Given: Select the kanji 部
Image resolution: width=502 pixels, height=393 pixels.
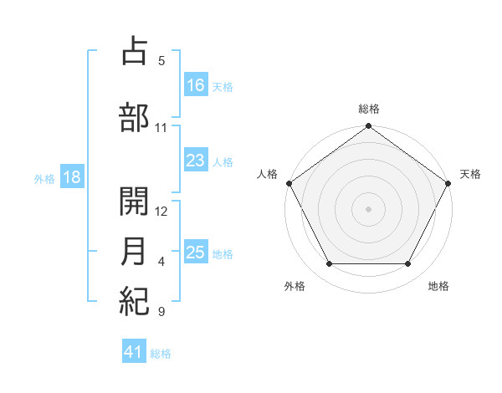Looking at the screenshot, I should (134, 117).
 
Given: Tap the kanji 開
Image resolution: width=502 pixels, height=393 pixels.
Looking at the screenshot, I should (134, 202).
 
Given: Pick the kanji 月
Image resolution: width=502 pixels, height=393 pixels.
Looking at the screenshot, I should (134, 253).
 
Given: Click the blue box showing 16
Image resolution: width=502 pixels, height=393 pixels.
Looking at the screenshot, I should (196, 85).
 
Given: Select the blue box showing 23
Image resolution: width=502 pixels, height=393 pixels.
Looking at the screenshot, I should (196, 161).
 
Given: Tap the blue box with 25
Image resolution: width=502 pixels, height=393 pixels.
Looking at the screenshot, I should (196, 253).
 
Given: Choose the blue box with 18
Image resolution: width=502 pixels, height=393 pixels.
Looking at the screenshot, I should (71, 178).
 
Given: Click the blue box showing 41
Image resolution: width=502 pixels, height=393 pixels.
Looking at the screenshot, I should (134, 353).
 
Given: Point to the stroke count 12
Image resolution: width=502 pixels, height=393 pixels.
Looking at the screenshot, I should (161, 212).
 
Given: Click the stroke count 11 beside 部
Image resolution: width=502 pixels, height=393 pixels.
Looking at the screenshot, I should (161, 128).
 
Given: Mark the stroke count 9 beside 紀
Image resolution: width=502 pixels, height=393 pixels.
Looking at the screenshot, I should (161, 312).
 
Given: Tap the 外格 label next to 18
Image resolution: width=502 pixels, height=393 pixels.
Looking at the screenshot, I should (44, 179).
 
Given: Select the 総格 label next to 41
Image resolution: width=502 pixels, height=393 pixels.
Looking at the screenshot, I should (161, 354).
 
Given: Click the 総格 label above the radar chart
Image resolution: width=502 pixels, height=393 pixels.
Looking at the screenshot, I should (368, 109).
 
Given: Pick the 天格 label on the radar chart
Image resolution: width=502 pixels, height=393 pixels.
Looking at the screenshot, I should (470, 174).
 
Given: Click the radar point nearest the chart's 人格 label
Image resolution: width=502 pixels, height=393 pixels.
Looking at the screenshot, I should (289, 183).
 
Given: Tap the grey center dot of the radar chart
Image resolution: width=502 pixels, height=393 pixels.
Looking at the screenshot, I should (368, 208).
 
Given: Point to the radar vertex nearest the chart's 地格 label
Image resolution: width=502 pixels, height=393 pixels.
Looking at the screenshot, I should (408, 264).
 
